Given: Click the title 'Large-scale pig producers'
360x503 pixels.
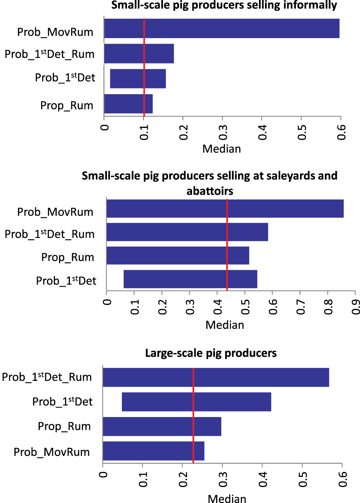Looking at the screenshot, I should point(211,353).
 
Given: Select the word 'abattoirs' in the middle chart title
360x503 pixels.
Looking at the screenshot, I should point(210,191).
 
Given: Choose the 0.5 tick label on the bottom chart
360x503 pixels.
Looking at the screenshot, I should point(303,479).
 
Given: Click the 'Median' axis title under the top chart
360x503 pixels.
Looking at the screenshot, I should point(221,149).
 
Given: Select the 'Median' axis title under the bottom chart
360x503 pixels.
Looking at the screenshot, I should point(227,499).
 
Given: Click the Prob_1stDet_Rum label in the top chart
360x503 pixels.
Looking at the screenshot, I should point(49,54).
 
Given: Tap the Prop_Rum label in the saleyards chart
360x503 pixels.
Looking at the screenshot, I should point(68,257).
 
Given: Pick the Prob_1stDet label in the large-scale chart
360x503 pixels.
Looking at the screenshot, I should point(62,402).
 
